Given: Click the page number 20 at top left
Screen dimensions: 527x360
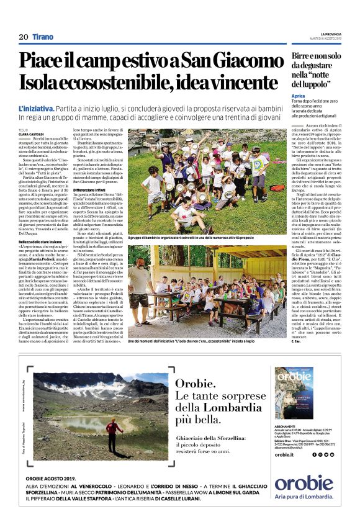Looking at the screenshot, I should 23,37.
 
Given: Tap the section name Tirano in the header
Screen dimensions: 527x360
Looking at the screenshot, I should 43,37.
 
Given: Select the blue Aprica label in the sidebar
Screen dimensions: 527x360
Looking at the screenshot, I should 299,96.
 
